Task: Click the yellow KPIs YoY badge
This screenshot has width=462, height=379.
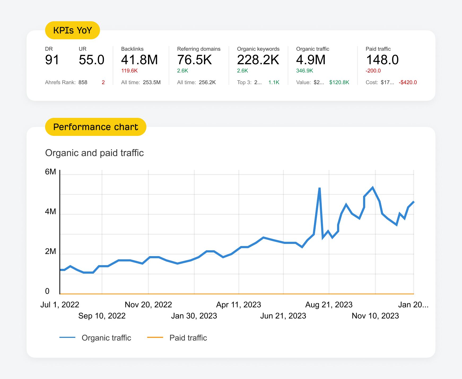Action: [72, 30]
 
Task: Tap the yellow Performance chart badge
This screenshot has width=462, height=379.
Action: [95, 127]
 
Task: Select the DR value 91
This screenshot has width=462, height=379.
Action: [52, 60]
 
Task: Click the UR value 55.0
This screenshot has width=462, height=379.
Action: [91, 60]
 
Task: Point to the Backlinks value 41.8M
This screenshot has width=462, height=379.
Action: [139, 60]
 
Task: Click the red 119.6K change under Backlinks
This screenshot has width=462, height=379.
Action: [129, 71]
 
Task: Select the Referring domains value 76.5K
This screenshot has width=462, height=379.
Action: [194, 60]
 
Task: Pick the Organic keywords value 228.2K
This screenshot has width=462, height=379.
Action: [258, 60]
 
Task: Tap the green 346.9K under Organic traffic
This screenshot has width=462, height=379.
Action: [304, 71]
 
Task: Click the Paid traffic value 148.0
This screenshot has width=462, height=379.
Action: [382, 60]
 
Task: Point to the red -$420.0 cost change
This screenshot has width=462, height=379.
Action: [408, 82]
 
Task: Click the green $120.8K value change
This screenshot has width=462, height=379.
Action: [339, 82]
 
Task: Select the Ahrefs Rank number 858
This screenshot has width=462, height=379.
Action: [83, 82]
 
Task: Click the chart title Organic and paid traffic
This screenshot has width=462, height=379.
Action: [94, 153]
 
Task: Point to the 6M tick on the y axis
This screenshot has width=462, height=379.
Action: [50, 172]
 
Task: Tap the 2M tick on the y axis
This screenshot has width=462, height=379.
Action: [50, 251]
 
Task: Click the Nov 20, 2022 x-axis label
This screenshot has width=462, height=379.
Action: [148, 304]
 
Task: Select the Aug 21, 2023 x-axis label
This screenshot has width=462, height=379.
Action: [329, 304]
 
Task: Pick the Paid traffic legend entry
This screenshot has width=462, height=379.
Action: [188, 338]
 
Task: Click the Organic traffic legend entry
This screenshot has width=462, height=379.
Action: [106, 338]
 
